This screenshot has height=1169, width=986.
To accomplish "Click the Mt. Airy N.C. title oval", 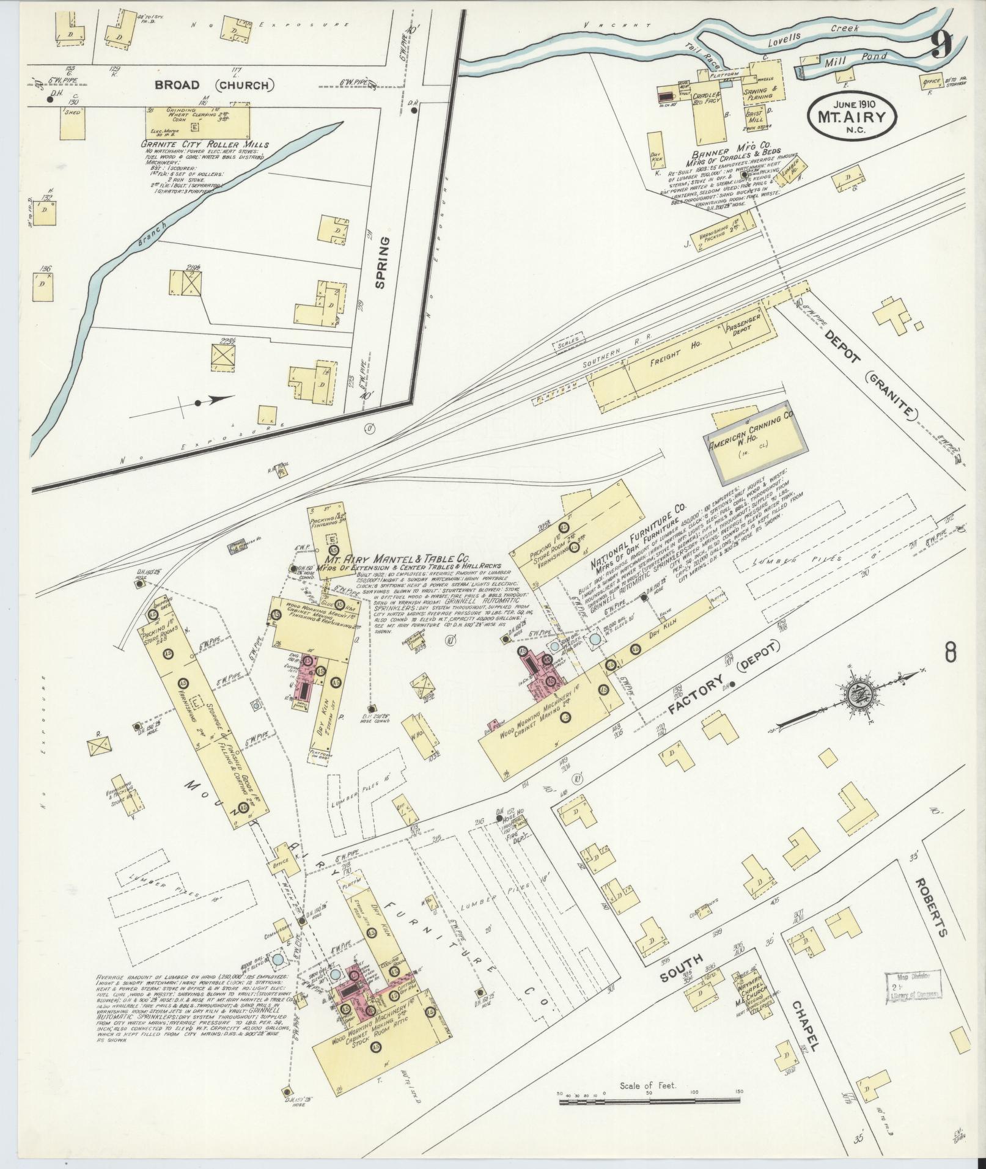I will point(854,112).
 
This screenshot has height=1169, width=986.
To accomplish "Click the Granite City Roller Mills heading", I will point(205,145).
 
